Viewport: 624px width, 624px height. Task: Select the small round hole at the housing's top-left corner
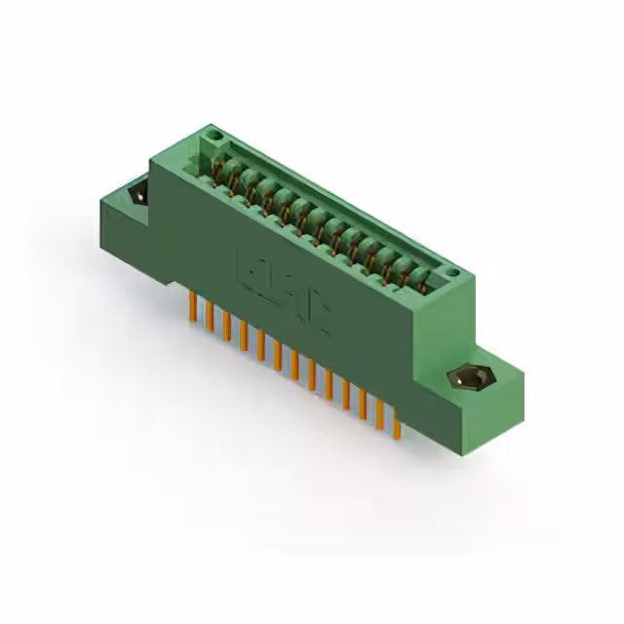tap(214, 136)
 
